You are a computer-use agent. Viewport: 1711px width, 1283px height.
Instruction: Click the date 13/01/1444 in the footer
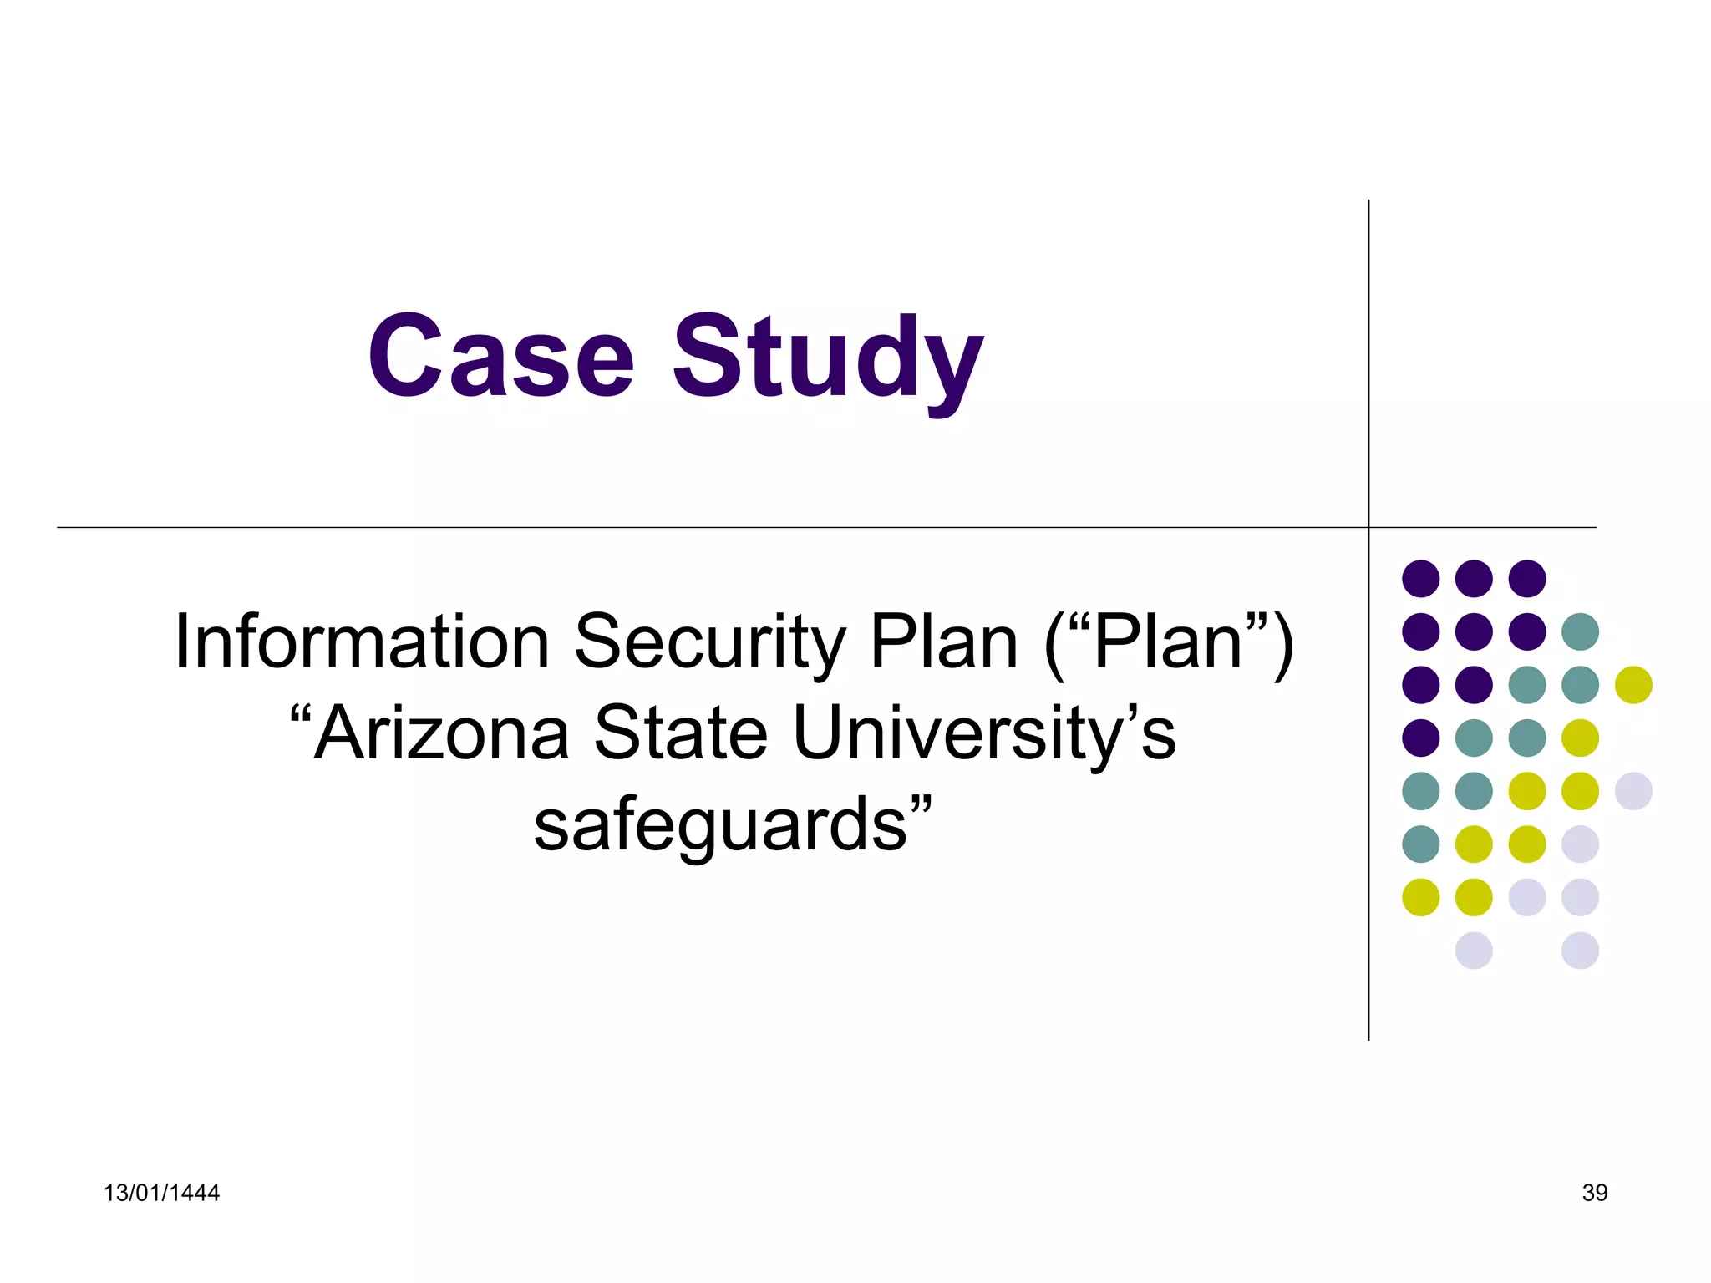pyautogui.click(x=161, y=1193)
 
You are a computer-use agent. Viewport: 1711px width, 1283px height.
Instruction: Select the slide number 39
pyautogui.click(x=1594, y=1193)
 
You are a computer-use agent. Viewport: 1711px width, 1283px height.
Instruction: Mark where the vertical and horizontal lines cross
pyautogui.click(x=1368, y=528)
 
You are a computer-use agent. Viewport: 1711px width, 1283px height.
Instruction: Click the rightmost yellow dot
pyautogui.click(x=1633, y=685)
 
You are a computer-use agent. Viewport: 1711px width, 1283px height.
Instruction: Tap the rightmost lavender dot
pyautogui.click(x=1633, y=791)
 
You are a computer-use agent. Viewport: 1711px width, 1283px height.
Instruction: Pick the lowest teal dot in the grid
pyautogui.click(x=1420, y=844)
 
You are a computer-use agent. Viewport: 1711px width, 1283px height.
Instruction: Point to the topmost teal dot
pyautogui.click(x=1580, y=631)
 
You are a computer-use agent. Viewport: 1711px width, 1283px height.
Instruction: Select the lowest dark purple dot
pyautogui.click(x=1420, y=738)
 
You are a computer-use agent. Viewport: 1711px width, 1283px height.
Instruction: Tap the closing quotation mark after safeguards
pyautogui.click(x=921, y=806)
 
